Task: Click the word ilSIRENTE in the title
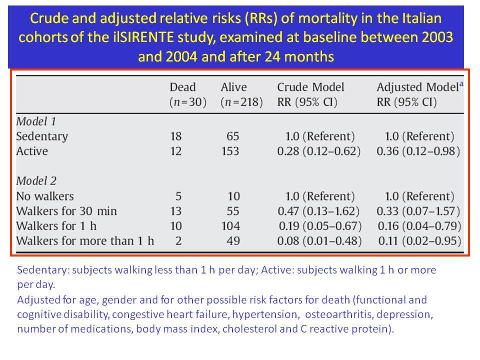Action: (141, 37)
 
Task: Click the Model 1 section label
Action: (36, 121)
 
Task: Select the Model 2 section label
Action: (36, 181)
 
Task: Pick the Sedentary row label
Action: (42, 136)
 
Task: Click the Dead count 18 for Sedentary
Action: (176, 136)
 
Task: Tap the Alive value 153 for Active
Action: (230, 151)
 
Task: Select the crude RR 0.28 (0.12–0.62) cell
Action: (318, 151)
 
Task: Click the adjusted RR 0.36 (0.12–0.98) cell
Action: (418, 151)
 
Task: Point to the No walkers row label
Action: (45, 196)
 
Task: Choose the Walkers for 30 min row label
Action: (66, 211)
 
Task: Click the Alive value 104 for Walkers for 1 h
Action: (231, 226)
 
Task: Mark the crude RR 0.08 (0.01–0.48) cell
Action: (319, 241)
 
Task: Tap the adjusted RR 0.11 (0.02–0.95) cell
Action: (419, 241)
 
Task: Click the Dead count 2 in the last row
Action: (178, 241)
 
